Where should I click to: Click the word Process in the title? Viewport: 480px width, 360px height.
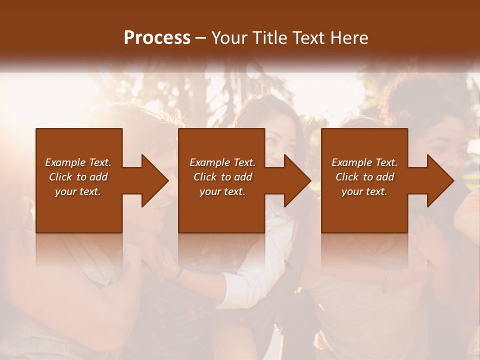point(157,38)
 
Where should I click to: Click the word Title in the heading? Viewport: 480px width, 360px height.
point(265,38)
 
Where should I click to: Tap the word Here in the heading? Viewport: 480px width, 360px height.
point(350,38)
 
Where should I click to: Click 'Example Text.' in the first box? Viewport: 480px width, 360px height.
point(78,162)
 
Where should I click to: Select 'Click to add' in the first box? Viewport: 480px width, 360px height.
point(78,177)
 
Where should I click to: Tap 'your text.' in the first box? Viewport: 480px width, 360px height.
point(78,191)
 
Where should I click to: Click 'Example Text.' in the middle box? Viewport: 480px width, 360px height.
point(222,162)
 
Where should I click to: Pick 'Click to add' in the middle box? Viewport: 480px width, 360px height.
point(222,177)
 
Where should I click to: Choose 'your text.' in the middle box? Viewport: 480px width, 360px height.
point(222,191)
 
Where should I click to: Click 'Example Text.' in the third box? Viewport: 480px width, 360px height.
point(364,162)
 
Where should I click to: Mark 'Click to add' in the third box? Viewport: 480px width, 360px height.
point(364,177)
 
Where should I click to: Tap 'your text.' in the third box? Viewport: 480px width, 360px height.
point(364,191)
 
